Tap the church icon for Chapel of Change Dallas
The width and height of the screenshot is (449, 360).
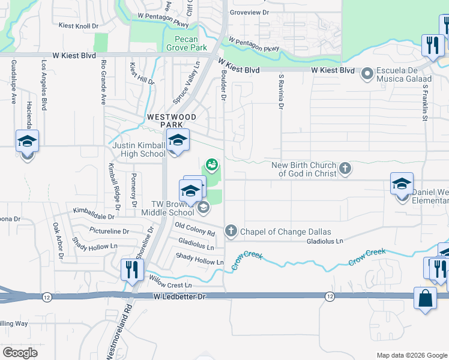coord(231,231)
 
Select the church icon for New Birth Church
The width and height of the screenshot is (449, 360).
coord(345,169)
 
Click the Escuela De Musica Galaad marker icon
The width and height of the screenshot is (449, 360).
coord(366,74)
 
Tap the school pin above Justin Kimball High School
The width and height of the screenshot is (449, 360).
coord(177,140)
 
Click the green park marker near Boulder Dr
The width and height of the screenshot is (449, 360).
coord(211,164)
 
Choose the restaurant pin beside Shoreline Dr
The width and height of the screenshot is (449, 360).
coord(131,269)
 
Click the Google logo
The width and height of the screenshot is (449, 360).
coord(20,353)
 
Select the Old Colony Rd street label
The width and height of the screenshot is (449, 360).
coord(194,228)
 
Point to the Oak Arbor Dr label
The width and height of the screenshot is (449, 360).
coord(58,241)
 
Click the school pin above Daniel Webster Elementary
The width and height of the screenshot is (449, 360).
coord(402,184)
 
